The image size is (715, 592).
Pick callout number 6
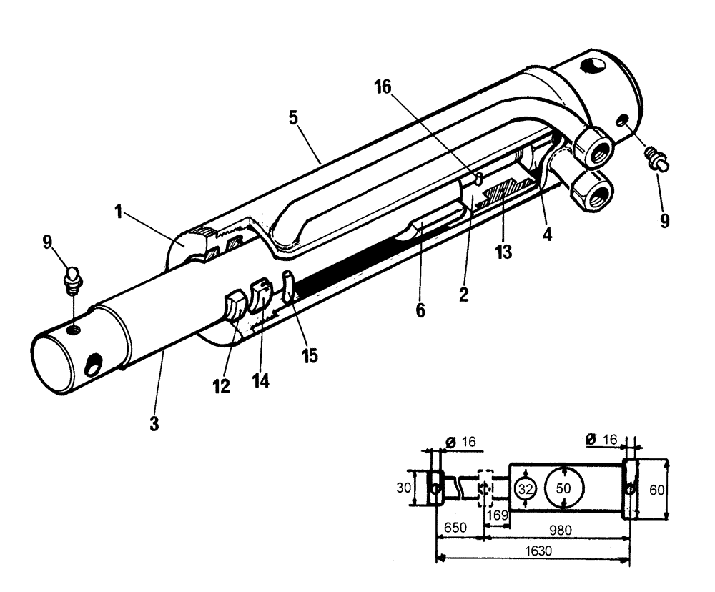pyautogui.click(x=420, y=309)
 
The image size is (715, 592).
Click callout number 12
pyautogui.click(x=221, y=386)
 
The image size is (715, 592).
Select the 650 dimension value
pyautogui.click(x=455, y=527)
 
